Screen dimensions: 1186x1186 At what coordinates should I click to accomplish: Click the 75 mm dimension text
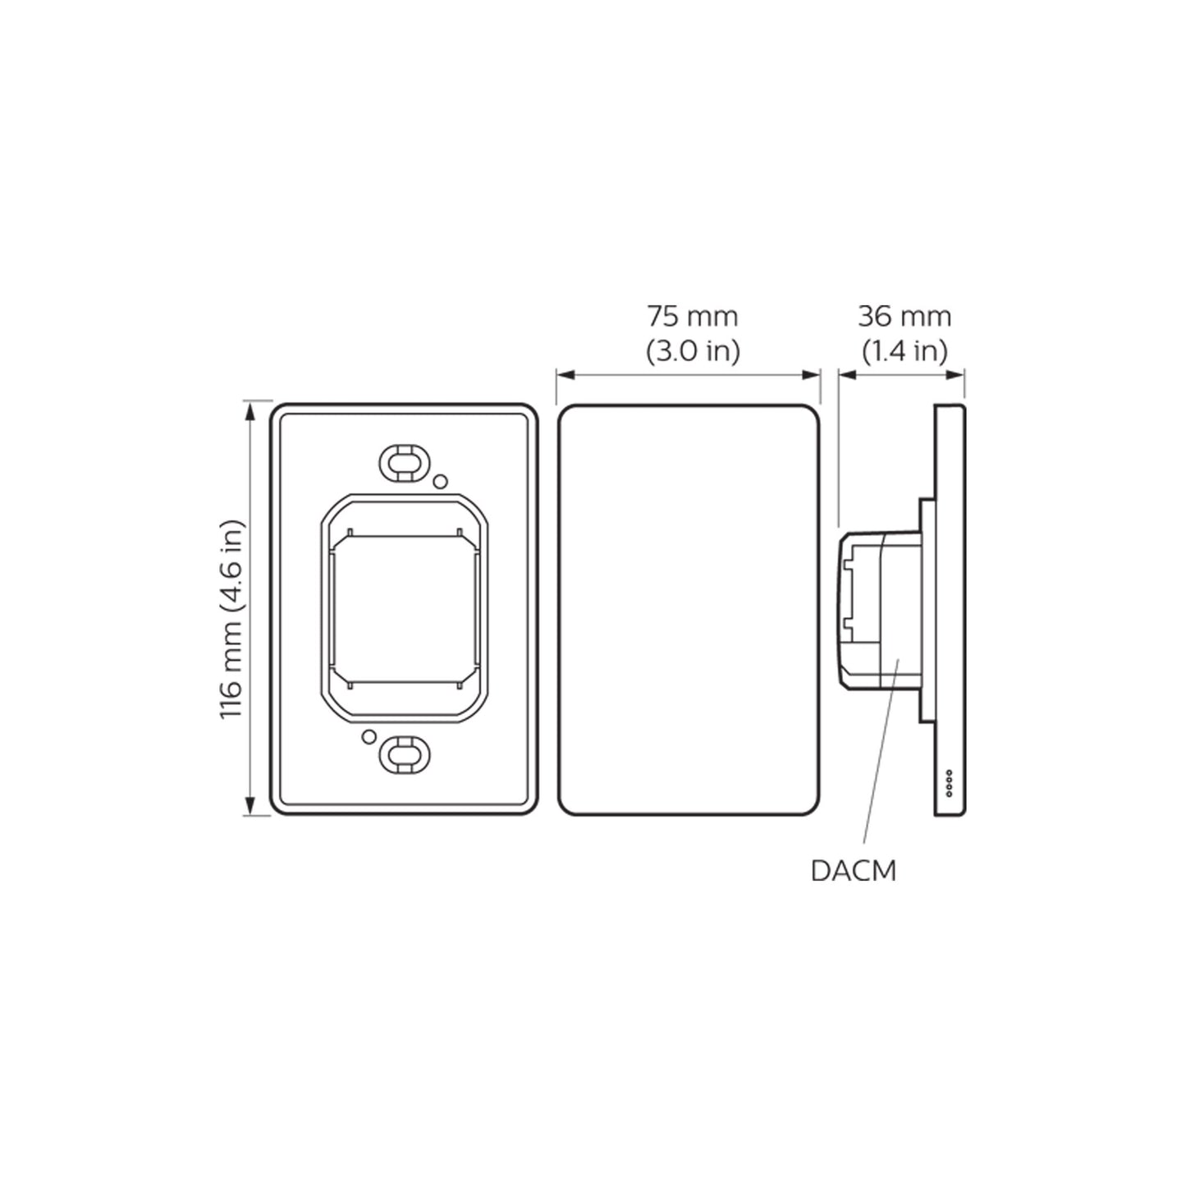click(x=692, y=316)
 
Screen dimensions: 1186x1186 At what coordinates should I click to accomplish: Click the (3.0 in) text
click(x=692, y=351)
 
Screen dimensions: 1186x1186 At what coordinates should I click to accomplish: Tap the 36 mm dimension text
click(x=904, y=316)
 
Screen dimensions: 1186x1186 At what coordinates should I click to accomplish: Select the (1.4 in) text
click(x=904, y=351)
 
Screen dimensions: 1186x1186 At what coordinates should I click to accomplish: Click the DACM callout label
click(x=853, y=871)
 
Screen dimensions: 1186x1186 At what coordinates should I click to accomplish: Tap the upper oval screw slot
click(x=402, y=462)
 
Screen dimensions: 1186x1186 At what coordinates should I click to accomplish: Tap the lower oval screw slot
click(x=402, y=755)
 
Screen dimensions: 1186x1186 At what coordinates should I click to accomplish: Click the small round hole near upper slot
click(x=440, y=481)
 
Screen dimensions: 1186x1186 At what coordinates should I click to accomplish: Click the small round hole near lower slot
click(x=369, y=736)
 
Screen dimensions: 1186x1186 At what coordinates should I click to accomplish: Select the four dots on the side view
click(x=949, y=783)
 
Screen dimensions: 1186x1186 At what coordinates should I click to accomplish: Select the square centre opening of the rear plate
click(x=402, y=608)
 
